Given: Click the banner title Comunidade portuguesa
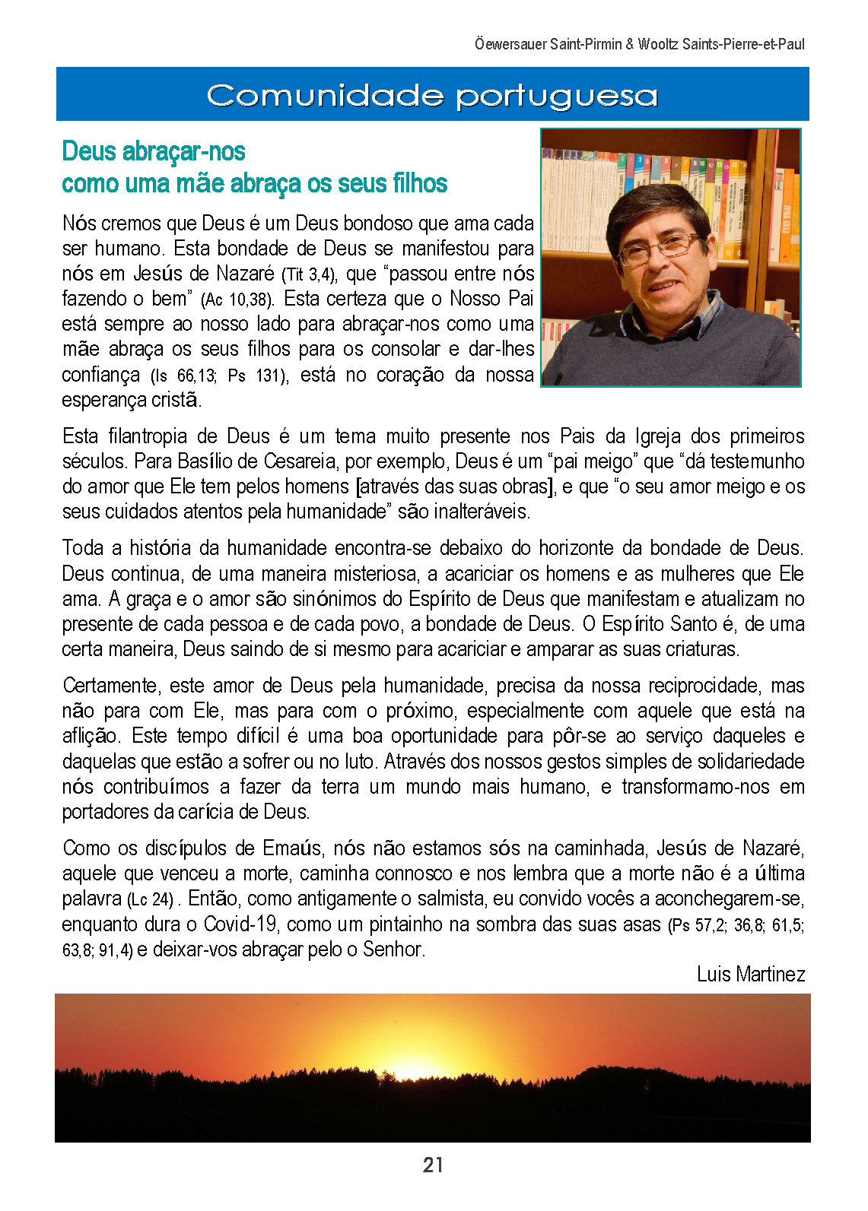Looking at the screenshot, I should coord(431,96).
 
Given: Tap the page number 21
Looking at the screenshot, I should coord(433,1165).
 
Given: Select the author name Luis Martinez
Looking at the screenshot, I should coord(750,974).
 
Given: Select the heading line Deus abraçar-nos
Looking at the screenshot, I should coord(154,151).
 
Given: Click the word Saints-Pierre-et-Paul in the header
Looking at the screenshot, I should coord(742,44).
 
